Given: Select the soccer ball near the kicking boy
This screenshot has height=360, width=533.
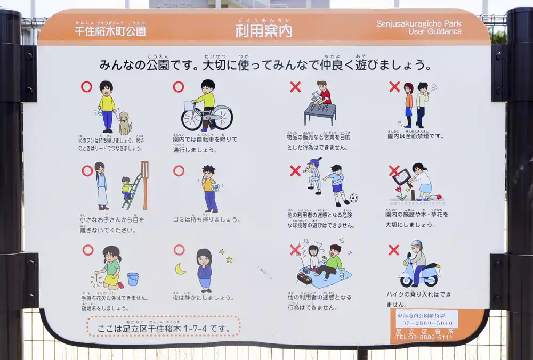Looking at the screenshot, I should pyautogui.click(x=353, y=198).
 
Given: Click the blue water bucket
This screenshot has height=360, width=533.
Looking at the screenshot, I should pyautogui.click(x=133, y=279).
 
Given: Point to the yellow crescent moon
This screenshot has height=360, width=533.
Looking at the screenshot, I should pyautogui.click(x=181, y=269).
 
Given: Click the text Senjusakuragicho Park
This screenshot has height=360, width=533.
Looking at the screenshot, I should pyautogui.click(x=419, y=23).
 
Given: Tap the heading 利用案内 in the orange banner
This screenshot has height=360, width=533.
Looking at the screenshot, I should pyautogui.click(x=264, y=31).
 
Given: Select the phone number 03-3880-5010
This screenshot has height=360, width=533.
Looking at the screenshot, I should pyautogui.click(x=427, y=323).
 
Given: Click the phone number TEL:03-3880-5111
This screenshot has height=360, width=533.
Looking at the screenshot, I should pyautogui.click(x=424, y=337).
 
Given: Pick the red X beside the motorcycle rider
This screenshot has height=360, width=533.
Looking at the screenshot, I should pyautogui.click(x=393, y=249).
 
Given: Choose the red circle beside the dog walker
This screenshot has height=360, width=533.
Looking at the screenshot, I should pyautogui.click(x=86, y=87).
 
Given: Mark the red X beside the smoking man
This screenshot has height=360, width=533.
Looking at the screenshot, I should pyautogui.click(x=394, y=87).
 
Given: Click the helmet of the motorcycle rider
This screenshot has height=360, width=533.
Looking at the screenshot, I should pyautogui.click(x=417, y=246).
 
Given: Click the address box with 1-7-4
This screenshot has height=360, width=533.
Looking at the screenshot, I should pyautogui.click(x=163, y=326).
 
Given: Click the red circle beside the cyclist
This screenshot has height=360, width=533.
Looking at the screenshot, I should pyautogui.click(x=179, y=87).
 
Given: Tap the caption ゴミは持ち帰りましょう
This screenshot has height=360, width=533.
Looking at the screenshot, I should pyautogui.click(x=206, y=219).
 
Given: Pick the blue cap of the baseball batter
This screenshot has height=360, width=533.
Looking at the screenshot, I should pyautogui.click(x=315, y=161).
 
